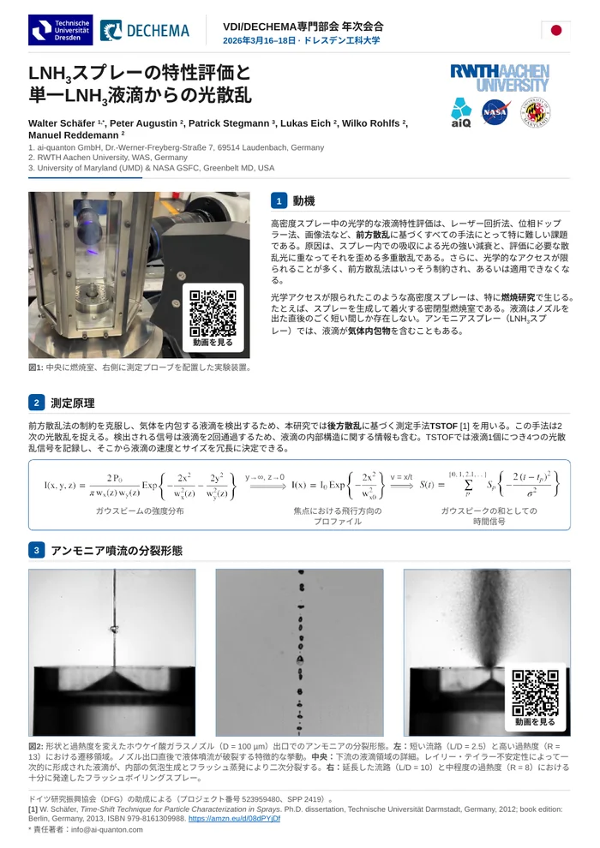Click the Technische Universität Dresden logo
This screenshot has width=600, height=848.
[61, 30]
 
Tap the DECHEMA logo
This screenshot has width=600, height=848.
[145, 31]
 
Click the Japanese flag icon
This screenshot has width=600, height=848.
[555, 30]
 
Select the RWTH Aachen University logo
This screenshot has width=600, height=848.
[500, 78]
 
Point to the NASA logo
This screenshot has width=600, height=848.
[495, 112]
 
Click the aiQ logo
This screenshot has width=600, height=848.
[461, 112]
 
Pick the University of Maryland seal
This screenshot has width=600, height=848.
[535, 112]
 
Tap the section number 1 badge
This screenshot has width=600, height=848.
[279, 200]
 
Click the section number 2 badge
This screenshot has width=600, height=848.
[36, 403]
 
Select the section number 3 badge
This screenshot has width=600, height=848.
[36, 550]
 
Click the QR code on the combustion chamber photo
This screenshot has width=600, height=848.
[213, 314]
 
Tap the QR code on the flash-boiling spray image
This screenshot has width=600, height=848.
[535, 693]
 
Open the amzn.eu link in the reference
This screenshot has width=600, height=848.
[234, 819]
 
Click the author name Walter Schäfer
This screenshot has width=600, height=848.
[62, 123]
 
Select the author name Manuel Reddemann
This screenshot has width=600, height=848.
[74, 135]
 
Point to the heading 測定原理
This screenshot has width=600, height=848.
[73, 403]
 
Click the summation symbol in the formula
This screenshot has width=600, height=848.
[468, 485]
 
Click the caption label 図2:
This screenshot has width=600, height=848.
[36, 746]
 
